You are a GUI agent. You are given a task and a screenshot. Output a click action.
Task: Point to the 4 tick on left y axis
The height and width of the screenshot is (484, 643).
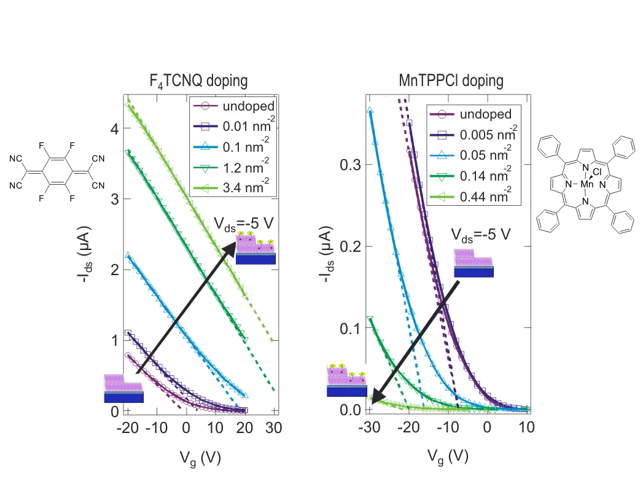pyautogui.click(x=114, y=128)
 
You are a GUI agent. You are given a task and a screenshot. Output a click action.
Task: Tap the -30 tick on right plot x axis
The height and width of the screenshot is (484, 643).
pyautogui.click(x=368, y=427)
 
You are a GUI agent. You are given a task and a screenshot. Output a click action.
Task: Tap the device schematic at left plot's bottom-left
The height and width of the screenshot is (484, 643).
pyautogui.click(x=123, y=388)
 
